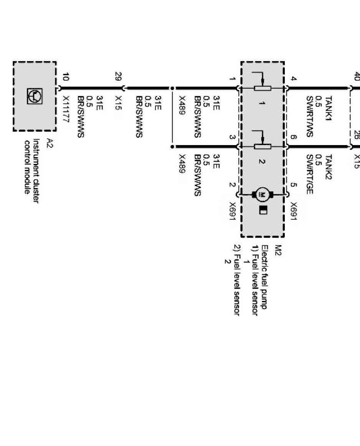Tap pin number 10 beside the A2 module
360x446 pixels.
(65, 76)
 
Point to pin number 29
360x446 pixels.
(118, 76)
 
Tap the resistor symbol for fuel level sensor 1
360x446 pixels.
(263, 88)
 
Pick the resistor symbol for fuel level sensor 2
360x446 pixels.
(263, 146)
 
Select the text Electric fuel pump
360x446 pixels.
(266, 277)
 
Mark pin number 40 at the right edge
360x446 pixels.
(356, 76)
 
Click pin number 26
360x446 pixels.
(356, 135)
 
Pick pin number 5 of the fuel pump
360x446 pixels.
(294, 185)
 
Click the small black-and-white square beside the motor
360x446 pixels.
(263, 210)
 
